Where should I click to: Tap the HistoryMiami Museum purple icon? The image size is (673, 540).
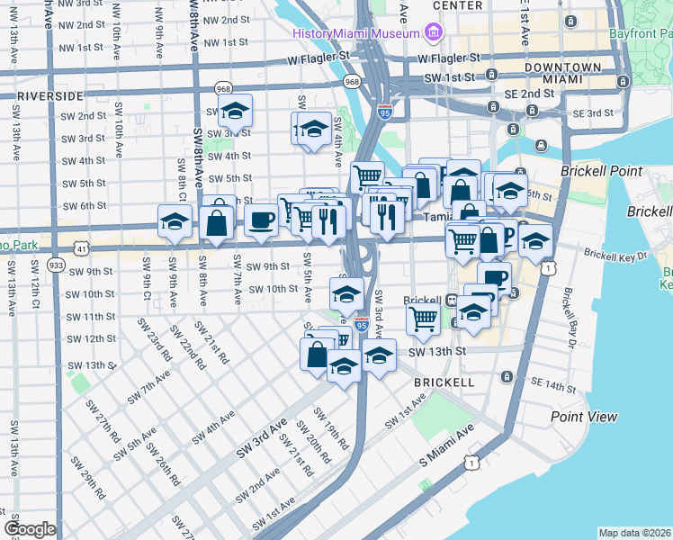coord(434,33)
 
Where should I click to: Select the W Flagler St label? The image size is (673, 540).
coord(307,56)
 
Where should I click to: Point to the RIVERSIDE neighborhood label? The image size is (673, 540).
coord(50,94)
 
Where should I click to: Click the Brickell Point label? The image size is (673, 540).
coord(601,171)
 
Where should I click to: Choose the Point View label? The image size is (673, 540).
coord(584,417)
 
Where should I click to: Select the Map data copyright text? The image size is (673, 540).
coord(634,533)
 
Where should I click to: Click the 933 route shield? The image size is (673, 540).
coord(56,266)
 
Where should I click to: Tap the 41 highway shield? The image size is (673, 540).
coord(82,247)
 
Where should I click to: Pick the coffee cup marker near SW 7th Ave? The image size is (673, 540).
coord(262,220)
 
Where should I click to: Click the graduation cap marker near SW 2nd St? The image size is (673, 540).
coord(235,112)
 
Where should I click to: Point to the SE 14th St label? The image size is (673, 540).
coord(552,386)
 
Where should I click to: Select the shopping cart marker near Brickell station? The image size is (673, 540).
coord(422,318)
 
